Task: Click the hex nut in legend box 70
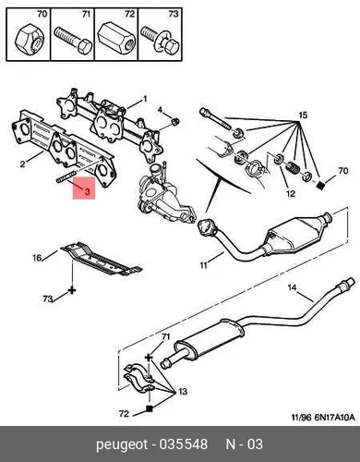coord(30,40)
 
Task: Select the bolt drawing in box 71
coord(73,41)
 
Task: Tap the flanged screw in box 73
coord(160,41)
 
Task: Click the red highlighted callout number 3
coord(87,192)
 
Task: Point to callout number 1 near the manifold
coord(145,99)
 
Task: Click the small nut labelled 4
coord(175,122)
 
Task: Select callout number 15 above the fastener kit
coord(303,115)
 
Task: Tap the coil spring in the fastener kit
coord(293,168)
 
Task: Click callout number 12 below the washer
coord(291,193)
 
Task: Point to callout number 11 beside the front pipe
coord(203,265)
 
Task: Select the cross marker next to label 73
coord(72,290)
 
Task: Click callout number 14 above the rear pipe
coord(292,287)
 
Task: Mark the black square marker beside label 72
coord(150,408)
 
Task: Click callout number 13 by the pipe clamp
coord(183,392)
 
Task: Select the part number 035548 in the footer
coord(183,444)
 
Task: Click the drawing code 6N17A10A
coord(334,418)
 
